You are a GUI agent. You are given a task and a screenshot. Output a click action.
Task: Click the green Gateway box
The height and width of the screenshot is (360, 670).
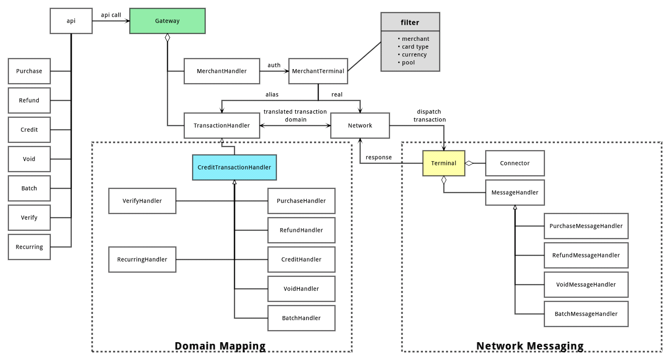coord(167,21)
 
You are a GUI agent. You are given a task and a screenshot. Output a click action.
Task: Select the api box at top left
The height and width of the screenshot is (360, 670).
coord(71,21)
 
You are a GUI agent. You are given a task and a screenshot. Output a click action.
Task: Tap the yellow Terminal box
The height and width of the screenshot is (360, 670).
coord(443,163)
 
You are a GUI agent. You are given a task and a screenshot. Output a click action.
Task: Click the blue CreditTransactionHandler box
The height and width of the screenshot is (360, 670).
coord(234,167)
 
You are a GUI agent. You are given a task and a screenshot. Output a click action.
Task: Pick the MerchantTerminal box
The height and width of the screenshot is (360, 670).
coord(318,71)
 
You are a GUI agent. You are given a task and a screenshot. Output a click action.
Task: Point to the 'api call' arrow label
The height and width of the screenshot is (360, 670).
coord(110,15)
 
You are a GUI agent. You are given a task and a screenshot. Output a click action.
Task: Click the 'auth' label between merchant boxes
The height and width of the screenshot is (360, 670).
coord(274,65)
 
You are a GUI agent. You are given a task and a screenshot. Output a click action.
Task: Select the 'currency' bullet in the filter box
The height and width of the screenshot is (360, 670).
coord(414,54)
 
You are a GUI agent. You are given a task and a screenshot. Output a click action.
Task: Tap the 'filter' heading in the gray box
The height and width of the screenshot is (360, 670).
coord(410,22)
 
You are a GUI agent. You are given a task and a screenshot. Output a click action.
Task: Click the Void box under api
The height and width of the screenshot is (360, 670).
coord(29,159)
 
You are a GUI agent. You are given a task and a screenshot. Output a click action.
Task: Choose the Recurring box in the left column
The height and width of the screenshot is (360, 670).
coord(29,247)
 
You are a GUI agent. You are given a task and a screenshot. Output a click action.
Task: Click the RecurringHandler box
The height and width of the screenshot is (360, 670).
coord(142,260)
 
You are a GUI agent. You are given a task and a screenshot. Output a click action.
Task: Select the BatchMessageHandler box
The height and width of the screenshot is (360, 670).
coord(586,314)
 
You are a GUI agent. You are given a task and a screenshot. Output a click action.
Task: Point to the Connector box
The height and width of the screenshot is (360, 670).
coord(515,163)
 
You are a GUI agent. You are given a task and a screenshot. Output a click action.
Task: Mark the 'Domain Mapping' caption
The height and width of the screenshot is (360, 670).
coord(220,346)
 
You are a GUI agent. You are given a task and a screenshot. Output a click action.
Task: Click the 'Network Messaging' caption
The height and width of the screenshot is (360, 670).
coord(530,346)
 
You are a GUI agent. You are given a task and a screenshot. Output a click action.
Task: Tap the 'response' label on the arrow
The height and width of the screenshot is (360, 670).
coord(378,157)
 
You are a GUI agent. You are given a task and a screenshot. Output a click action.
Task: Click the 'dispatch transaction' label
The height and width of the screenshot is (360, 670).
coord(429,116)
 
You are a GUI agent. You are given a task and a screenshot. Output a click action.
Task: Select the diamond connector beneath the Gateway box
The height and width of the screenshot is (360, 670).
coord(167,38)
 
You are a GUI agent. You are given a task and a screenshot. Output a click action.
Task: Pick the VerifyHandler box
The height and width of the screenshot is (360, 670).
coord(142,201)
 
